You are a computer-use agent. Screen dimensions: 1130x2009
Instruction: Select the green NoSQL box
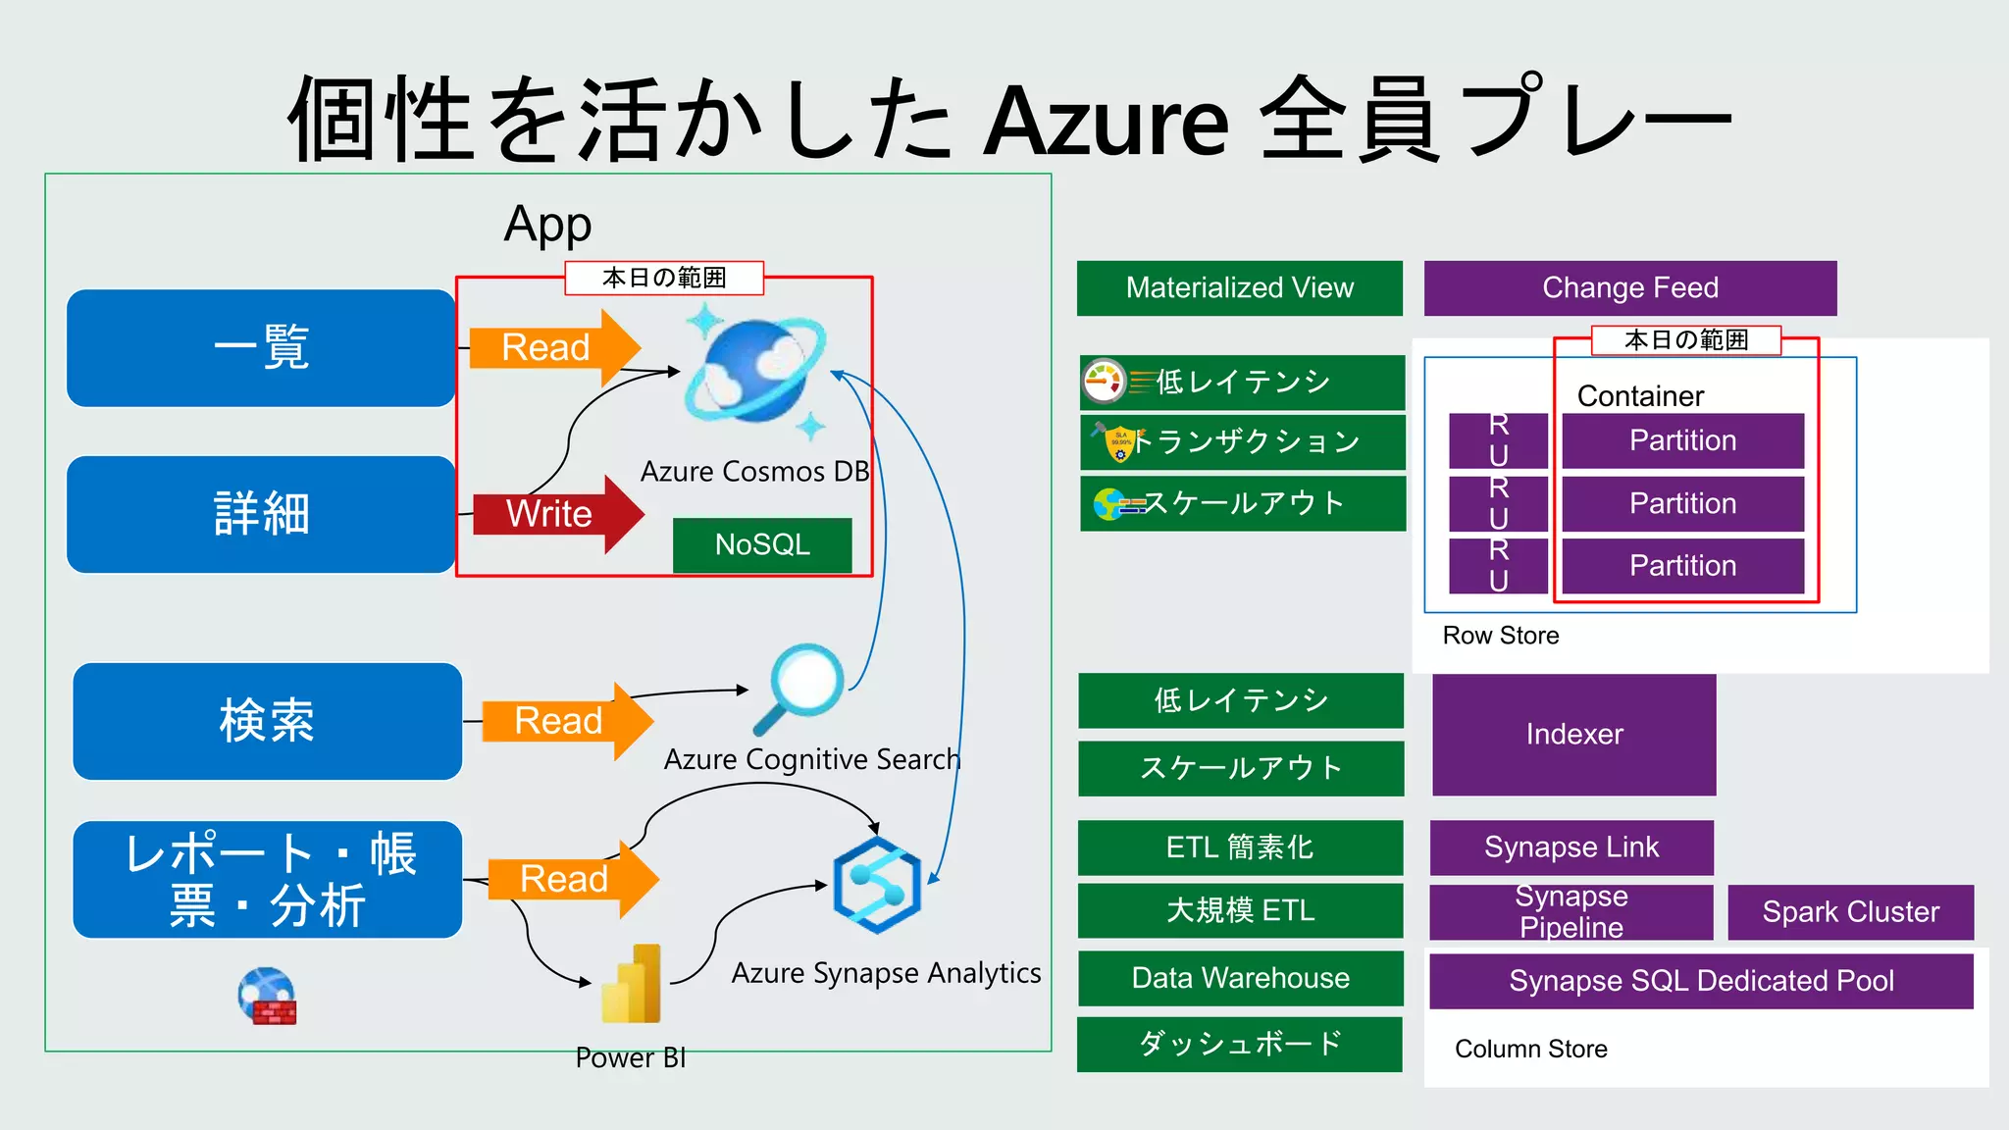pyautogui.click(x=762, y=544)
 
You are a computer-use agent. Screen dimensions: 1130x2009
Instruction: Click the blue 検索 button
pyautogui.click(x=267, y=721)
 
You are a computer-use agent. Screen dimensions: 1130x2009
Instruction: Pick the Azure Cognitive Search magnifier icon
pyautogui.click(x=799, y=688)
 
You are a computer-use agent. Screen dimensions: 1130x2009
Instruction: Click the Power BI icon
pyautogui.click(x=632, y=985)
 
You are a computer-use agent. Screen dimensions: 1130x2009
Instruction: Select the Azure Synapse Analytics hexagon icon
pyautogui.click(x=877, y=885)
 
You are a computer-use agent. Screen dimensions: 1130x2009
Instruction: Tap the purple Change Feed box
pyautogui.click(x=1629, y=287)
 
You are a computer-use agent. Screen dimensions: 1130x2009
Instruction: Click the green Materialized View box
pyautogui.click(x=1239, y=287)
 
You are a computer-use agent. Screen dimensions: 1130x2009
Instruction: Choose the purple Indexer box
pyautogui.click(x=1573, y=734)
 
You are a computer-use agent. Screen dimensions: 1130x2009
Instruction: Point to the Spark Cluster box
pyautogui.click(x=1850, y=911)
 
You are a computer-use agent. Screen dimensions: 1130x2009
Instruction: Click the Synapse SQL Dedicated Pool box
pyautogui.click(x=1700, y=981)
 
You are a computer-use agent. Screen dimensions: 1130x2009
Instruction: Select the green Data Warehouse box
pyautogui.click(x=1240, y=978)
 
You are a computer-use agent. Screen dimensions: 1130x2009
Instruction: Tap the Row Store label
pyautogui.click(x=1500, y=636)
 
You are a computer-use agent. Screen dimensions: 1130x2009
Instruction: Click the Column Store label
pyautogui.click(x=1530, y=1049)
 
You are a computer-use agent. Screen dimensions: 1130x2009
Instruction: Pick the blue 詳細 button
pyautogui.click(x=261, y=514)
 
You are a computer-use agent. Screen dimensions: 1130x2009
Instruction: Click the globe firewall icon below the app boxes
pyautogui.click(x=267, y=996)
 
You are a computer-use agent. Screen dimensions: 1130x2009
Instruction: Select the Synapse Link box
pyautogui.click(x=1571, y=847)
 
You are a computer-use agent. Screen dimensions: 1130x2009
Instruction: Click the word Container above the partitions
pyautogui.click(x=1640, y=396)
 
